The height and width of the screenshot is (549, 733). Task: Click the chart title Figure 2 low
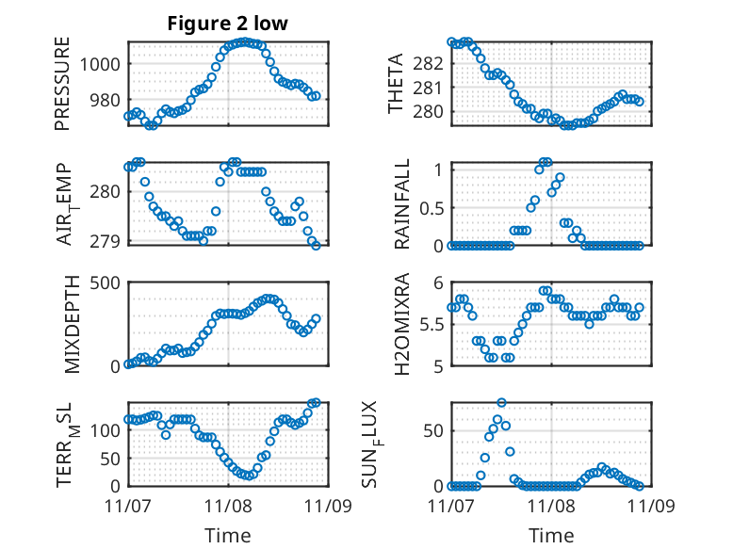[227, 24]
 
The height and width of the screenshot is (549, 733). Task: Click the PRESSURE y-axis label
[63, 83]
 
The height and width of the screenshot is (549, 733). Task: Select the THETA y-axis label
[396, 83]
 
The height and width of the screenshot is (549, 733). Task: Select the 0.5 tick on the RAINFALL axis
[431, 207]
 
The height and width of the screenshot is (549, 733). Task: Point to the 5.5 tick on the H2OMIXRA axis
[431, 324]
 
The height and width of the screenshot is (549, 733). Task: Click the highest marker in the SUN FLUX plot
[501, 402]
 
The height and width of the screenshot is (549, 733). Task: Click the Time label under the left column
[227, 536]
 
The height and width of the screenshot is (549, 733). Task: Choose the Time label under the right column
[550, 536]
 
